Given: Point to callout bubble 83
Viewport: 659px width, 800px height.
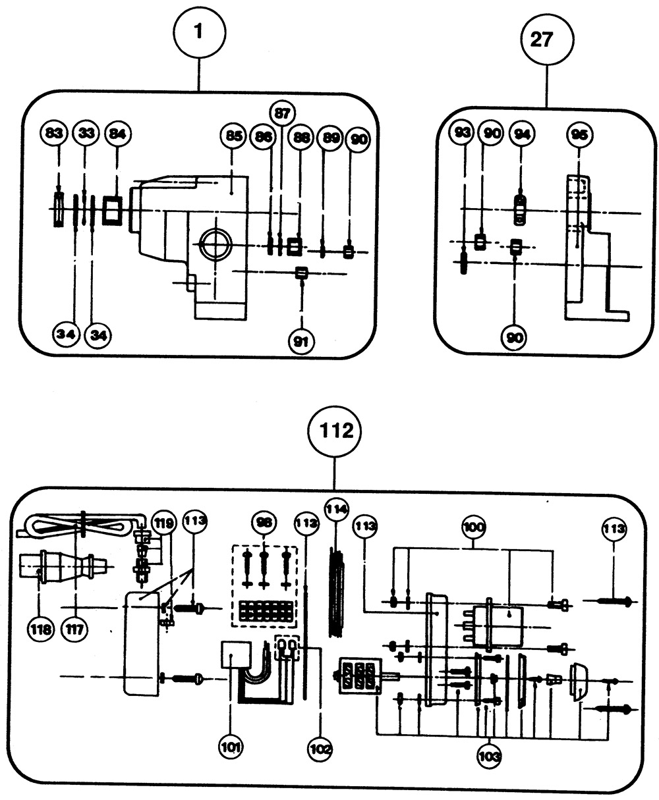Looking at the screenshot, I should point(55,133).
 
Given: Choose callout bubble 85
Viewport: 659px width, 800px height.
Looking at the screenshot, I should point(232,137).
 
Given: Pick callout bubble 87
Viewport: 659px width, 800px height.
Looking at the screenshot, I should point(282,113).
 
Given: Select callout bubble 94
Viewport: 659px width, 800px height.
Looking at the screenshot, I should point(523,134).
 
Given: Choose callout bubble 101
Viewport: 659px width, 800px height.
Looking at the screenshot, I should point(231,747).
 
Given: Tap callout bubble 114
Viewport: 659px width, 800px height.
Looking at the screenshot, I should point(337,510).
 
